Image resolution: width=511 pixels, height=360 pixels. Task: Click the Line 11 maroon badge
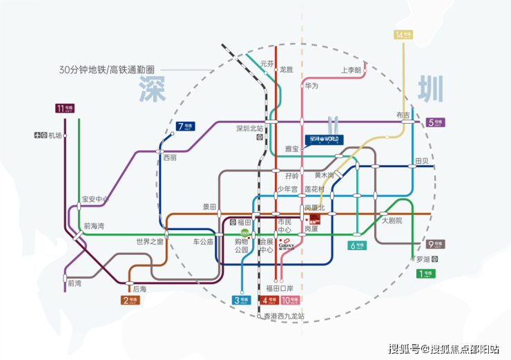65,108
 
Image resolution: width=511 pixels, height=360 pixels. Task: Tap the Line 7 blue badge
185,126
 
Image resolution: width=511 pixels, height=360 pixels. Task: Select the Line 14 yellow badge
402,35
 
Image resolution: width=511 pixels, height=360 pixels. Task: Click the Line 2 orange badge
130,300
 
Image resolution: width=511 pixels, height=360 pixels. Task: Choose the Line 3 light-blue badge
240,300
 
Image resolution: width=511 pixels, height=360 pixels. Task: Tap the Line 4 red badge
269,300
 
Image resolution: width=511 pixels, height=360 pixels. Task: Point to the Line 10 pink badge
291,300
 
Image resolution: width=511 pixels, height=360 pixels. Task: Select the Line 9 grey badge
435,243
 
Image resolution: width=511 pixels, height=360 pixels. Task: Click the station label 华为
311,86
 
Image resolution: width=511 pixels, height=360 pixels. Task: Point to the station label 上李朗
351,70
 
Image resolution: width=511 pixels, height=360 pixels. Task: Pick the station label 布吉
403,115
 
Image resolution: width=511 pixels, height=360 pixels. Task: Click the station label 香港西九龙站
284,316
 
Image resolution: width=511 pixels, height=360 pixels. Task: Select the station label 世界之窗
149,241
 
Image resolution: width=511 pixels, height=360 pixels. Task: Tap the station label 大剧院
392,220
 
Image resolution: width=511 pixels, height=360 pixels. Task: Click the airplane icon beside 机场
36,135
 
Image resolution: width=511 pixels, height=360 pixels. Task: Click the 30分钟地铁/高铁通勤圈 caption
106,70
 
